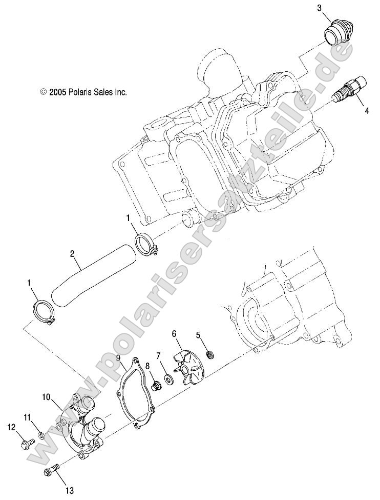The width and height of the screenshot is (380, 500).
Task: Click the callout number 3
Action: point(319,8)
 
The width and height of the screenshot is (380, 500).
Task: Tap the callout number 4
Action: point(366,111)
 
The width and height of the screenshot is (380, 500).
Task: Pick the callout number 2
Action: point(72,254)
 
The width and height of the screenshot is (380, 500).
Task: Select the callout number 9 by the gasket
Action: point(118,357)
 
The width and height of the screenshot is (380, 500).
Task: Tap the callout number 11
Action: point(27,416)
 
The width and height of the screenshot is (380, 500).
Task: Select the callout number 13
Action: point(70,491)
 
